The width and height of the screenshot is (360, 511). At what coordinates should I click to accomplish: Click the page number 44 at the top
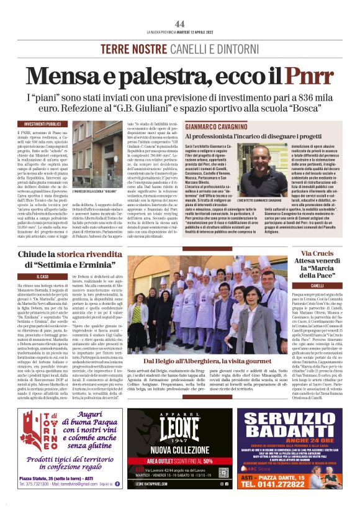point(180,24)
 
